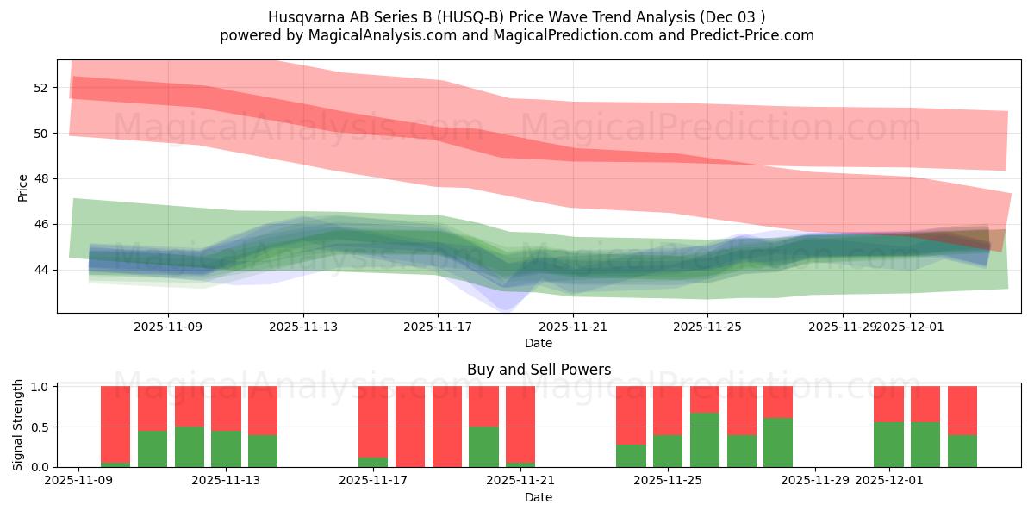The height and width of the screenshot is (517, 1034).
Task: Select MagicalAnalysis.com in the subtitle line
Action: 359,35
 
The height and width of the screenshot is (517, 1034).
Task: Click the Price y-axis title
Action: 22,187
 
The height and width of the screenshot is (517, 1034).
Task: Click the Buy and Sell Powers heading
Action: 539,370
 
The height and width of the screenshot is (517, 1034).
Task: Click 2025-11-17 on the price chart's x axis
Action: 438,327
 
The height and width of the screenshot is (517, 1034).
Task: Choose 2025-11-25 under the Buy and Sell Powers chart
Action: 668,480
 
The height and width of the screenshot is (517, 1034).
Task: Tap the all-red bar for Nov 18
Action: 447,427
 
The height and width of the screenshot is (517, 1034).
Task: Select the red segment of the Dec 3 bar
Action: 962,410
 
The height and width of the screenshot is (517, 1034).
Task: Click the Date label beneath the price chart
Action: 539,343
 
